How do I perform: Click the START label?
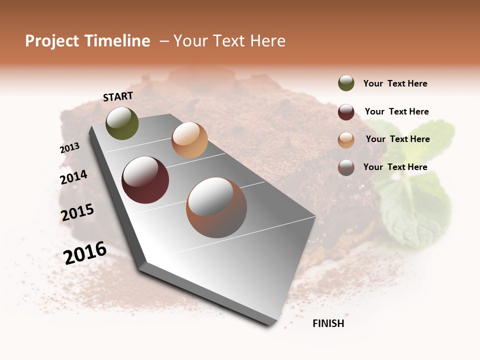coord(118,96)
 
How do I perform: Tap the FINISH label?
coord(328,323)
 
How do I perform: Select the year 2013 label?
coord(70,147)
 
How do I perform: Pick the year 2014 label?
coord(73,177)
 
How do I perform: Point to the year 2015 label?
coord(77,212)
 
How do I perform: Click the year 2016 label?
coord(85,252)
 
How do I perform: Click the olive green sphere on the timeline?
coord(122,123)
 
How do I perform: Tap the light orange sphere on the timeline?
coord(189,140)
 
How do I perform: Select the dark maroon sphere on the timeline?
coord(145,180)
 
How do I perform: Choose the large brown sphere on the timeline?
coord(216,207)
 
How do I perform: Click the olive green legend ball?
coord(346,83)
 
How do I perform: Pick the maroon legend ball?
coord(346,112)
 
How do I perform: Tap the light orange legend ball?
coord(346,140)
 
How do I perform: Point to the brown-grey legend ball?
coord(346,167)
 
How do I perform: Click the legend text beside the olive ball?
coord(395,83)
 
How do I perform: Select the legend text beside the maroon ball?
coord(396,111)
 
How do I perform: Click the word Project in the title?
coord(52,41)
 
